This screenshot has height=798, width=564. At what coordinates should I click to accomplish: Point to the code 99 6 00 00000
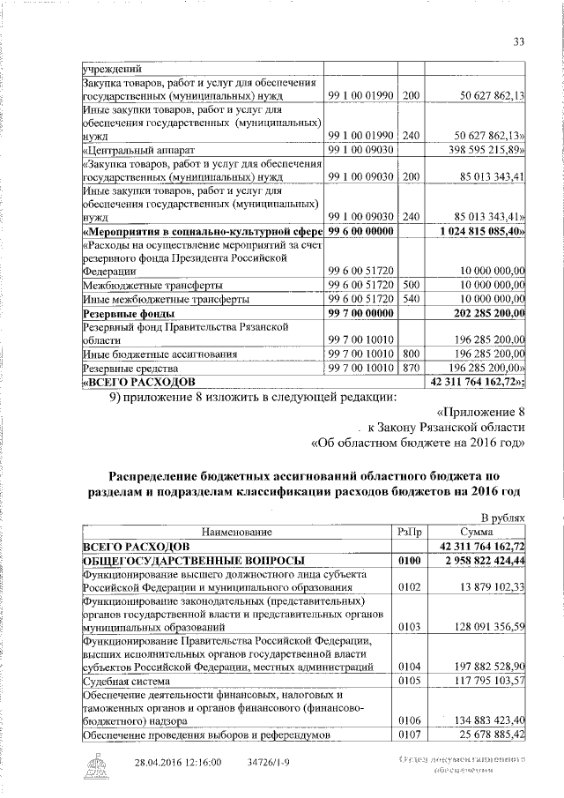[x=361, y=230]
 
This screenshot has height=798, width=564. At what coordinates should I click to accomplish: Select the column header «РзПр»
[x=412, y=532]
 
